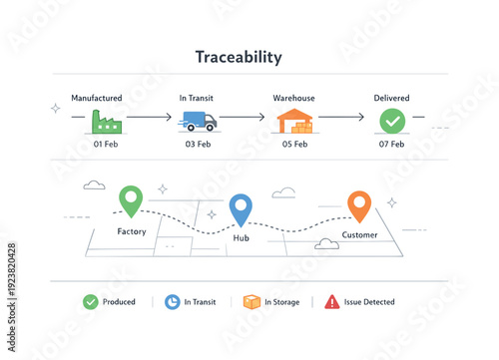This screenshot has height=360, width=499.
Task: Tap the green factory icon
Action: pos(107,121)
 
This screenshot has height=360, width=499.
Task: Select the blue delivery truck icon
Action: pos(198,121)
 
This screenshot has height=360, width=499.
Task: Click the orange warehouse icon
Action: pos(293,121)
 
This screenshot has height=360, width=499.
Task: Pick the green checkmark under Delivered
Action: pos(391,121)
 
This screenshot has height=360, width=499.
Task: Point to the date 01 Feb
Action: pos(107,144)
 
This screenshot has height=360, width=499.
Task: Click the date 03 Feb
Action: pos(197,144)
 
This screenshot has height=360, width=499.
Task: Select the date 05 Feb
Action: pos(293,144)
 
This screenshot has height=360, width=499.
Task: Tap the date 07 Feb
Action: pos(391,144)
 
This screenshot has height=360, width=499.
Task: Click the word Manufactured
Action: pos(97,98)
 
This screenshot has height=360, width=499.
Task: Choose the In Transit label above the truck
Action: pos(197,98)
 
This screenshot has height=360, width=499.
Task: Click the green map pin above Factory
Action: pos(131,199)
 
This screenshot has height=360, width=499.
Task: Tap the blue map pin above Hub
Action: pos(241,207)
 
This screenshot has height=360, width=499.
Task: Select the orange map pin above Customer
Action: pos(359,204)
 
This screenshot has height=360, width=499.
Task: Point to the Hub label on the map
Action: pos(241,238)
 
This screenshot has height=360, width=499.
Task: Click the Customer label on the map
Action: pos(359,235)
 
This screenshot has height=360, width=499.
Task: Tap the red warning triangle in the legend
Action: pos(332,301)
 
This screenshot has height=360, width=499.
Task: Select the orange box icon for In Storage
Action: pos(252,301)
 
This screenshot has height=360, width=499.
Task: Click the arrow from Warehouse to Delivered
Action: pos(341,118)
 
